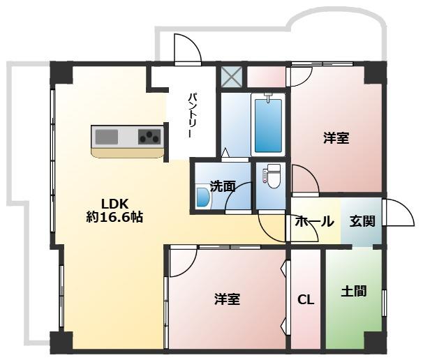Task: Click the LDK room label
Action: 113,203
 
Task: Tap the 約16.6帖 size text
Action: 115,217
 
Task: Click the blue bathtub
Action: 268,125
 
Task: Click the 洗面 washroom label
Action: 222,186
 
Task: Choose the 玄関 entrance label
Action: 362,222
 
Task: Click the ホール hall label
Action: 314,222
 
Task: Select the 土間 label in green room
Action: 354,291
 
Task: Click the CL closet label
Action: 306,300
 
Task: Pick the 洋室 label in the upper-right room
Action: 336,138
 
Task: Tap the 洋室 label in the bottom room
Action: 227,300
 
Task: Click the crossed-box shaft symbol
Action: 230,75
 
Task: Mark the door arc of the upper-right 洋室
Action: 304,177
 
